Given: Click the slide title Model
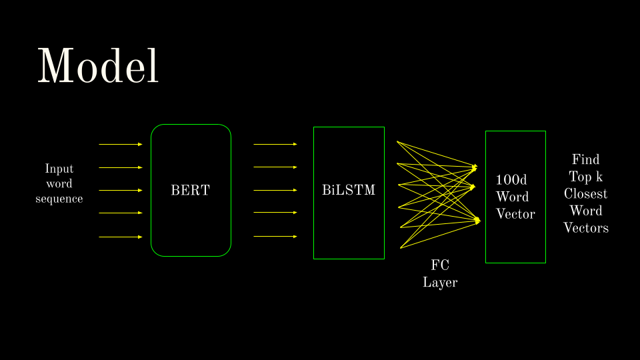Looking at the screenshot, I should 98,65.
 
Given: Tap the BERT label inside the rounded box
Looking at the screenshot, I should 190,191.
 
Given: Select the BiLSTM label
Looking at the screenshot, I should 349,191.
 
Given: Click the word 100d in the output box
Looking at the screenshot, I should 512,180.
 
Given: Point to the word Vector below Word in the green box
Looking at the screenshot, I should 515,214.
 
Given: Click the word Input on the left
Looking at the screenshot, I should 59,169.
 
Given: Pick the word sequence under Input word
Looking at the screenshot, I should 59,199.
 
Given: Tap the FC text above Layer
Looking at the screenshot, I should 440,265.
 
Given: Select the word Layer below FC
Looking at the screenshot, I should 440,283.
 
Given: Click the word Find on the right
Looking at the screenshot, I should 585,159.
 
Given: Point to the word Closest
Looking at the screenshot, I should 585,194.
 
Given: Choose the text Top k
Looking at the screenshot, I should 585,177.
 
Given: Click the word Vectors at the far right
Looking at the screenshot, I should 585,228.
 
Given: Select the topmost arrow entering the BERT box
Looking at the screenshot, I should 121,144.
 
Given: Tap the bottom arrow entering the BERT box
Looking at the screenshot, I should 121,237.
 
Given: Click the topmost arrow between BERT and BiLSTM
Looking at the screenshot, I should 275,144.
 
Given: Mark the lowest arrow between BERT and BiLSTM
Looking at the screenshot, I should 275,236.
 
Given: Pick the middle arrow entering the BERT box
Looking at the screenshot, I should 121,190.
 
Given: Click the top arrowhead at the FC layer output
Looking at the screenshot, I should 475,167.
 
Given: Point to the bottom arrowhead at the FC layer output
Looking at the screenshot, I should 477,219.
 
